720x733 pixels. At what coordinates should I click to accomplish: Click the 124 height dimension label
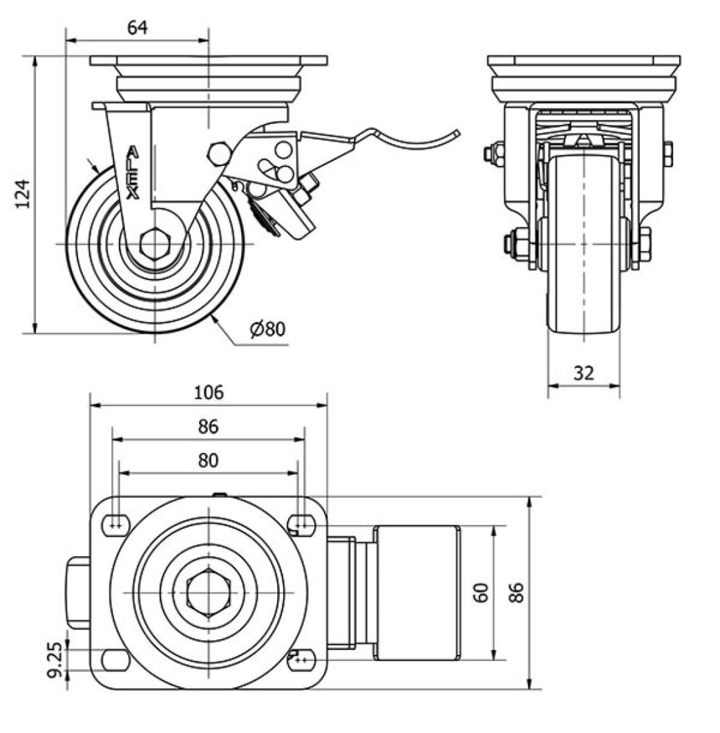[23, 195]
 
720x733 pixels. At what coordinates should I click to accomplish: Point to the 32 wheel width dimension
[584, 373]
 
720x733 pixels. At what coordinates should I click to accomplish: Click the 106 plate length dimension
[209, 393]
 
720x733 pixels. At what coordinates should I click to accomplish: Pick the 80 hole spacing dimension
[209, 460]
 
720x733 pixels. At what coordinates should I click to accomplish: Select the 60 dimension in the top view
[482, 592]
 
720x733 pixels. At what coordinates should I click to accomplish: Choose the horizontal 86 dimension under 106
[209, 427]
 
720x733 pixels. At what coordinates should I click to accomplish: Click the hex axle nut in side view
[154, 243]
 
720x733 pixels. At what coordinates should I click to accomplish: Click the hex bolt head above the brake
[219, 154]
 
